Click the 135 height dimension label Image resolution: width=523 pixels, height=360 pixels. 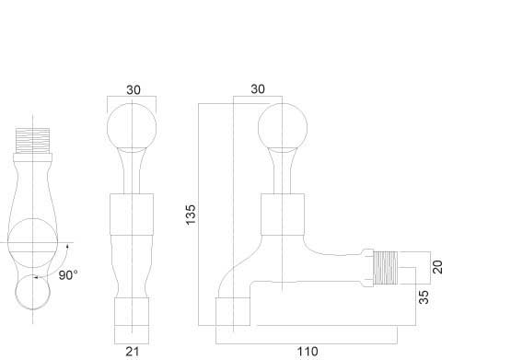191,215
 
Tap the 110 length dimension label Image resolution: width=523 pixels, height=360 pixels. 308,352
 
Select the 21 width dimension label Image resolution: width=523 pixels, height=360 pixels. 132,352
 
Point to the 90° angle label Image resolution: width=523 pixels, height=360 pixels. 68,275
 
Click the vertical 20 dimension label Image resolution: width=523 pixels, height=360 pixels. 437,267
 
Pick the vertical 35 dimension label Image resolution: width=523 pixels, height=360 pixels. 424,297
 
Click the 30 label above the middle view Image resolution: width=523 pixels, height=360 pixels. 134,89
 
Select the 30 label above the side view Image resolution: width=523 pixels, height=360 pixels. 258,89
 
